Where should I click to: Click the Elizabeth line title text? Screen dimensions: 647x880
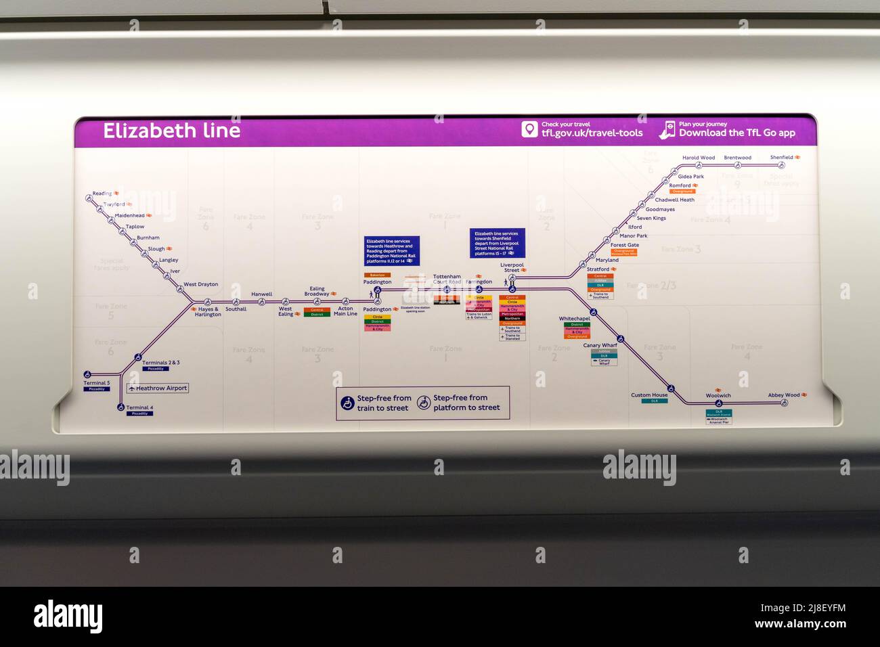click(171, 131)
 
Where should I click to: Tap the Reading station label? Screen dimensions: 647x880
click(102, 194)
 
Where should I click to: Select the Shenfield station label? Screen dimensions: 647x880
click(781, 158)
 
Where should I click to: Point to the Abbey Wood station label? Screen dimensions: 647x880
click(784, 395)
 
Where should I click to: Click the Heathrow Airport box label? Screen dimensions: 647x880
click(158, 388)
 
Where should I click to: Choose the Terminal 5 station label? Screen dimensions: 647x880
click(96, 383)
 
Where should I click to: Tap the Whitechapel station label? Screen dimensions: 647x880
click(574, 319)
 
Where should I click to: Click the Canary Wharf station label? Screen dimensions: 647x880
click(600, 345)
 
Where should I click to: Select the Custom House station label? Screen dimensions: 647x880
click(649, 395)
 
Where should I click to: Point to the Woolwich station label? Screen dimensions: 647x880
click(718, 396)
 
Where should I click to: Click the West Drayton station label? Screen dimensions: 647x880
click(201, 284)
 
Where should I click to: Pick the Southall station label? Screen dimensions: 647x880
click(236, 309)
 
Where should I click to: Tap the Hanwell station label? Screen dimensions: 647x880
click(261, 294)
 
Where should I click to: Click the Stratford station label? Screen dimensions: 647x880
click(598, 269)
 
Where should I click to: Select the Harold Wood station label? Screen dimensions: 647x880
click(699, 158)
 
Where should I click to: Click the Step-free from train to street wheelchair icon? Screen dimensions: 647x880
click(347, 403)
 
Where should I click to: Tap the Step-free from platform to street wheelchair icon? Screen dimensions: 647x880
click(424, 403)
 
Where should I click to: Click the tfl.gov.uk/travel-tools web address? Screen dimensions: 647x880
click(592, 133)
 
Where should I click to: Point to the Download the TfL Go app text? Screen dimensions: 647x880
click(736, 133)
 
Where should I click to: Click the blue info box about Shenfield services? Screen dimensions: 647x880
click(498, 243)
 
